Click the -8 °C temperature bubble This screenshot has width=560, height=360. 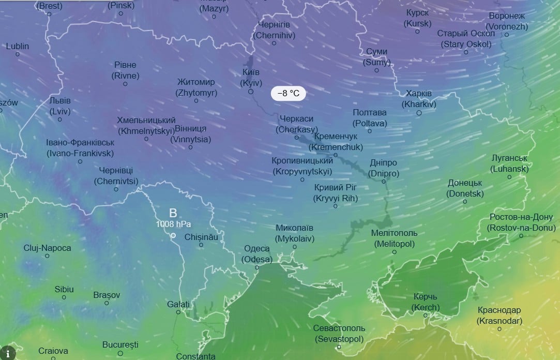[x=289, y=94]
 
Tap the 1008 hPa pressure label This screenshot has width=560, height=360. [x=174, y=224]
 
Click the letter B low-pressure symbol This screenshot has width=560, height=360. [x=173, y=213]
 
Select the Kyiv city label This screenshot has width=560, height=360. [x=251, y=78]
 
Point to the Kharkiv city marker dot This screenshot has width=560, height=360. [x=419, y=112]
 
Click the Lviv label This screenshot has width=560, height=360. [x=60, y=106]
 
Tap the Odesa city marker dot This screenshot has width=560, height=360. [x=257, y=267]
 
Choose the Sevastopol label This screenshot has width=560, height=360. [x=339, y=334]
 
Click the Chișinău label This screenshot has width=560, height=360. [x=201, y=236]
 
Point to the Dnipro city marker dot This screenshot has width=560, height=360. [x=384, y=182]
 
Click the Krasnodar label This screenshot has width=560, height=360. [x=499, y=316]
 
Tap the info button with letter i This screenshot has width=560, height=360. [x=7, y=353]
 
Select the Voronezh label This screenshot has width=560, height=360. [x=507, y=21]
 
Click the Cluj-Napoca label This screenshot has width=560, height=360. [x=47, y=248]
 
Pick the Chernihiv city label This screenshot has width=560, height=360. [x=274, y=30]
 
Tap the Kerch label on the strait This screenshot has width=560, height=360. [x=426, y=302]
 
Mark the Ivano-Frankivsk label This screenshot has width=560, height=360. [x=80, y=148]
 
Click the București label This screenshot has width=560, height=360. [x=120, y=344]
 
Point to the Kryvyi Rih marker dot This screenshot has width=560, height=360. [x=336, y=206]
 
